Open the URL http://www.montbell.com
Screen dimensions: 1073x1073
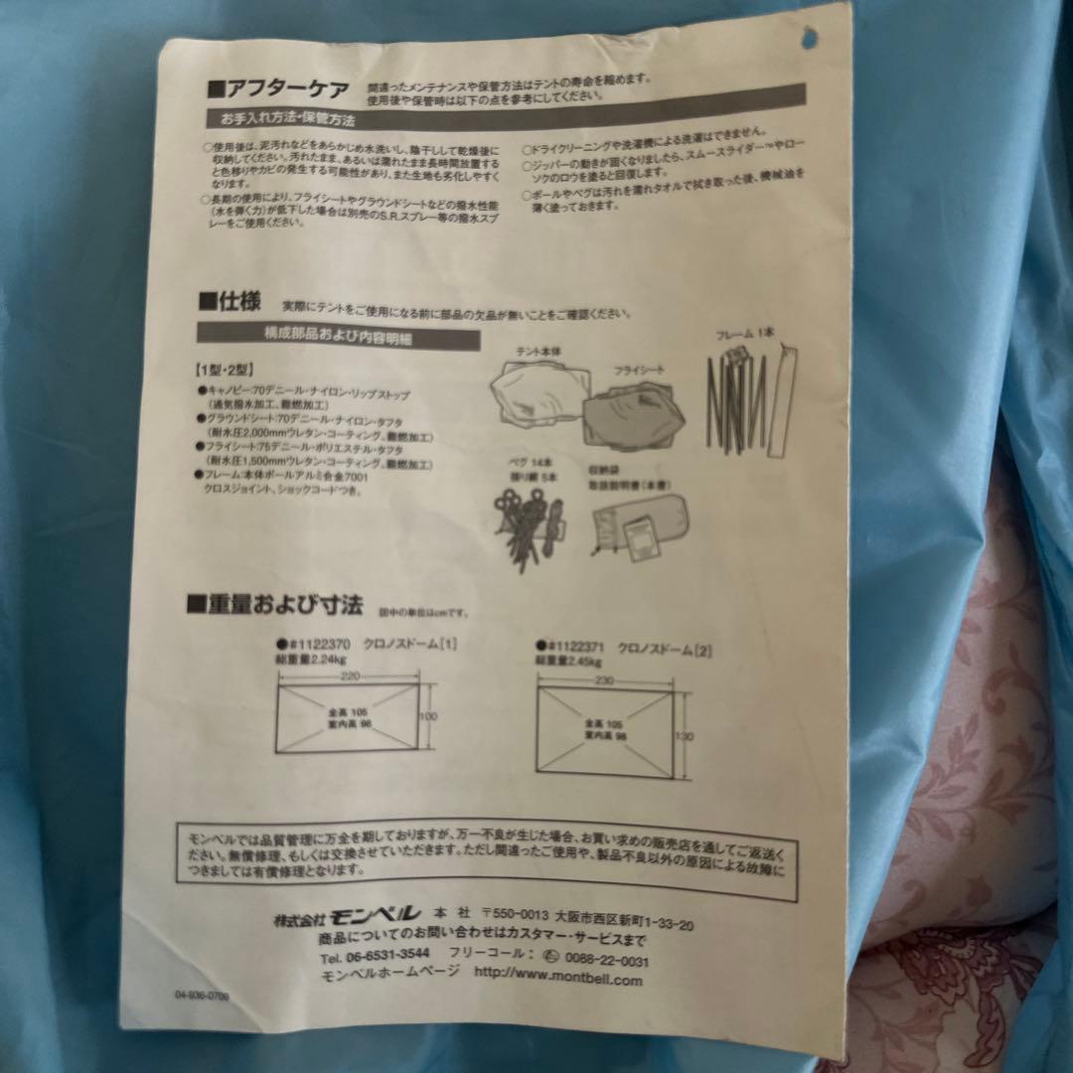coord(558,979)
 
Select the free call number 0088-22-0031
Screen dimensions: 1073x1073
coord(606,960)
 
